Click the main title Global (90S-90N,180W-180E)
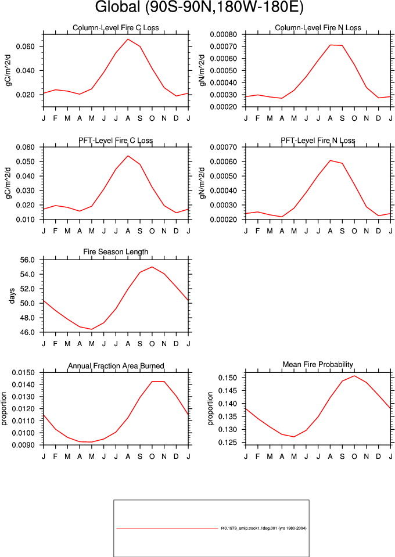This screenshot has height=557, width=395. click(199, 7)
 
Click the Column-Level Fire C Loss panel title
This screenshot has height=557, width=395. click(116, 28)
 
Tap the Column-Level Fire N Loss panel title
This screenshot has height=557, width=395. click(318, 28)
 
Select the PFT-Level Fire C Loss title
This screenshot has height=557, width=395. click(116, 141)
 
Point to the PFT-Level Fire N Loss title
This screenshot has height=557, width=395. click(318, 141)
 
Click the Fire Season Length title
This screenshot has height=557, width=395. click(116, 252)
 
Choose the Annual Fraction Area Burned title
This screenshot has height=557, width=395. click(116, 366)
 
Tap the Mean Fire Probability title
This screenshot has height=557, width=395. click(318, 365)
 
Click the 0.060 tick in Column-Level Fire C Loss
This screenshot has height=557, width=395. click(25, 46)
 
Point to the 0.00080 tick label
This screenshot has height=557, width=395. click(224, 35)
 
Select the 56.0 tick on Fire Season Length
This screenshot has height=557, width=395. click(27, 260)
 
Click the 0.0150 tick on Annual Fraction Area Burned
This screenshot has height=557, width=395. click(23, 373)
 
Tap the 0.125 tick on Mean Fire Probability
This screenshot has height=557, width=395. click(228, 443)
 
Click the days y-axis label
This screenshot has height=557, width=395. click(12, 296)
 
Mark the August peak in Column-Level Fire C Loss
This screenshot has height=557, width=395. click(128, 39)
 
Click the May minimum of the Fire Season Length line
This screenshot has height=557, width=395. click(92, 329)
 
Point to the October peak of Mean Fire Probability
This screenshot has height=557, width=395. click(354, 376)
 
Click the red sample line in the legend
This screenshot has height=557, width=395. click(167, 529)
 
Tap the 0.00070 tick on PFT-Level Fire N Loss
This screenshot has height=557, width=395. click(224, 147)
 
